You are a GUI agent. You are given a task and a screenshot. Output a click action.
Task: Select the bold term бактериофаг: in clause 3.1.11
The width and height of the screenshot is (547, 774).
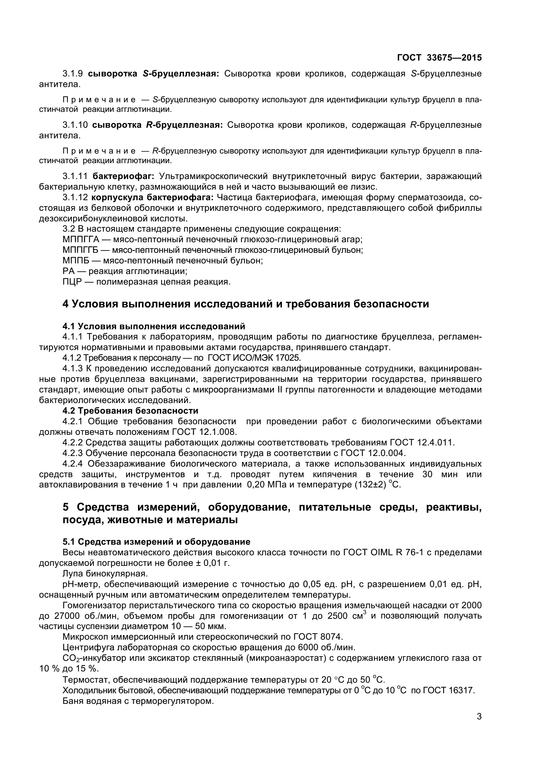point(123,176)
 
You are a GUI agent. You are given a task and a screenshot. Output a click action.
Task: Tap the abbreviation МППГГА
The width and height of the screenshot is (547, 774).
point(81,239)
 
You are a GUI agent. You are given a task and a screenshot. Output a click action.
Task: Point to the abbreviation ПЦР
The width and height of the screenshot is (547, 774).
point(72,282)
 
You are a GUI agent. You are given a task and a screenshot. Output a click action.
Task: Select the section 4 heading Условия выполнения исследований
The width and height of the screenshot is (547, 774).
point(246,304)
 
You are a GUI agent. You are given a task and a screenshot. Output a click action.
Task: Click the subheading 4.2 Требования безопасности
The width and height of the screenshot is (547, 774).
point(130,411)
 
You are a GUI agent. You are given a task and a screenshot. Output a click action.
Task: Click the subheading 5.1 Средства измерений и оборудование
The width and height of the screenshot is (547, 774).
point(157,542)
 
